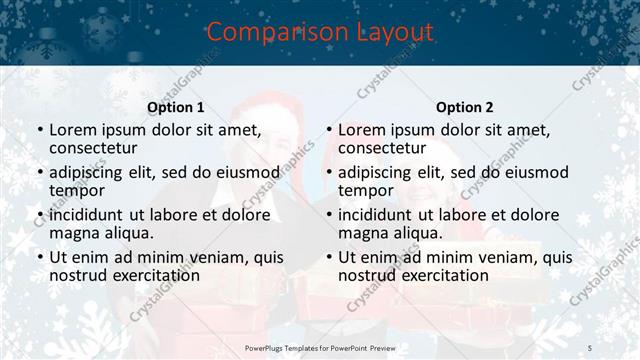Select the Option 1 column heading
[176, 107]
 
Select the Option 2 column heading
[465, 107]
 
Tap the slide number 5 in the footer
[590, 346]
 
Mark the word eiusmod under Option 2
[535, 172]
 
